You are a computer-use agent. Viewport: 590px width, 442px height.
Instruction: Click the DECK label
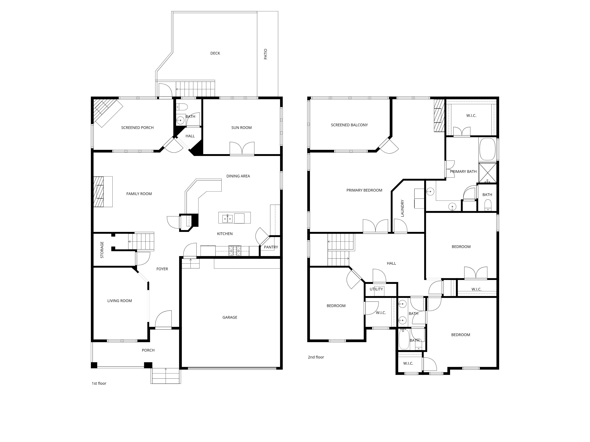pos(215,53)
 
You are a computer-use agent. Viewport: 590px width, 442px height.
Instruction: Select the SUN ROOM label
pos(241,128)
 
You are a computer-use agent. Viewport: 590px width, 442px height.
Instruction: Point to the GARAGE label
pos(230,317)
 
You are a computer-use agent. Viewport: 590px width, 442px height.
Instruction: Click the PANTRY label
pos(271,247)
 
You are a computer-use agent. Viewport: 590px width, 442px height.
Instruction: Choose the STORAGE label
pos(102,250)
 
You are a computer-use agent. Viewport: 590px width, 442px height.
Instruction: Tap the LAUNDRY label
pos(403,208)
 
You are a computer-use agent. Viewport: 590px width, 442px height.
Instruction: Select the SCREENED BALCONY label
pos(349,125)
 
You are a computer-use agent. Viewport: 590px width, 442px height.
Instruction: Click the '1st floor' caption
pos(99,383)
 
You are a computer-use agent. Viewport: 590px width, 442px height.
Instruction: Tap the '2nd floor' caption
pos(316,357)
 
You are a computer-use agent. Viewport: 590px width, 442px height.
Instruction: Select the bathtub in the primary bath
pos(487,149)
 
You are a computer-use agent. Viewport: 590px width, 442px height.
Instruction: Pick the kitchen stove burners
pos(235,251)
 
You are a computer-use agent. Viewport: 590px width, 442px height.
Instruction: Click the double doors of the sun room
pos(242,148)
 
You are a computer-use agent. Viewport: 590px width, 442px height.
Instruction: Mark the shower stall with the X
pos(488,173)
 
